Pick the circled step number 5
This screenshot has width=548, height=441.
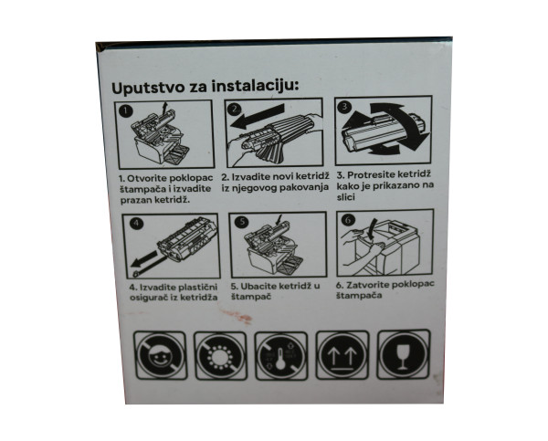[x=243, y=222]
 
